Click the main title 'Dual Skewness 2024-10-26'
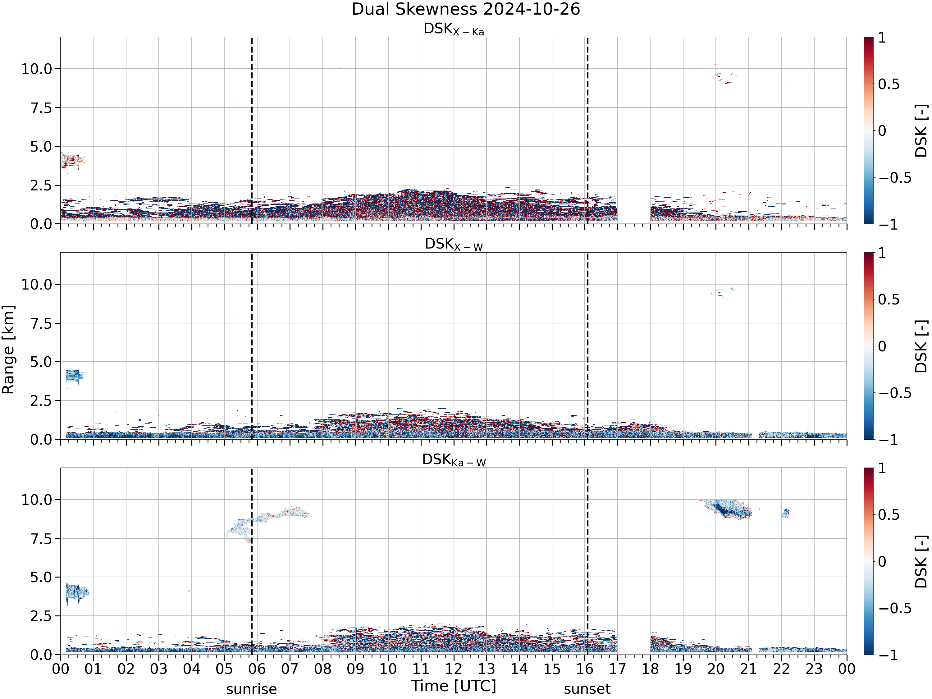coord(466,9)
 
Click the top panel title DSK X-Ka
coord(454,29)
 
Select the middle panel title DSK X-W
coord(454,244)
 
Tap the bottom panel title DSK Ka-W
coord(454,460)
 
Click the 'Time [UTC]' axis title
coord(454,686)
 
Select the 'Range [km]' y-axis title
coord(8,350)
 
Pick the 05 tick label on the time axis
coord(224,669)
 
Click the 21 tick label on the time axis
coord(748,669)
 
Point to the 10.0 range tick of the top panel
coord(37,69)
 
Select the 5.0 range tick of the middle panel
coord(41,362)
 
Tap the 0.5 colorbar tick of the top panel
coord(889,84)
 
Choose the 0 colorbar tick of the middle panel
coord(882,346)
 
